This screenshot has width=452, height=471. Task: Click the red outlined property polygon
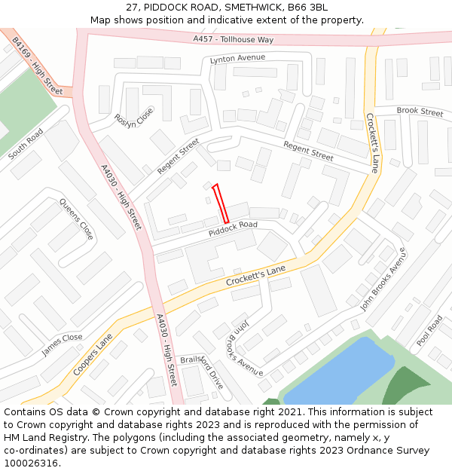coord(220,203)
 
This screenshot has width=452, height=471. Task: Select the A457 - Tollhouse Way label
coord(233,39)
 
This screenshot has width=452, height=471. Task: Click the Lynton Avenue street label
coord(237,59)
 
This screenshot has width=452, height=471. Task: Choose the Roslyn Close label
coord(133,118)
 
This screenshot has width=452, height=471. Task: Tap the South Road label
coord(26,143)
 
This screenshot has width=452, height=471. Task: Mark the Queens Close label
coord(77,219)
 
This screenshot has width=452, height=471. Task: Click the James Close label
coord(62,344)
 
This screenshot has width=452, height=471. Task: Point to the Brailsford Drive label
coord(203,371)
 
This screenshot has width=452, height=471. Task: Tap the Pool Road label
coord(429,331)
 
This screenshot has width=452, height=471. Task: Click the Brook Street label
coord(420,112)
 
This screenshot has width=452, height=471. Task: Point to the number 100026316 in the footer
coord(32,463)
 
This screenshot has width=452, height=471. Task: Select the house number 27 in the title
coord(131,8)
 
